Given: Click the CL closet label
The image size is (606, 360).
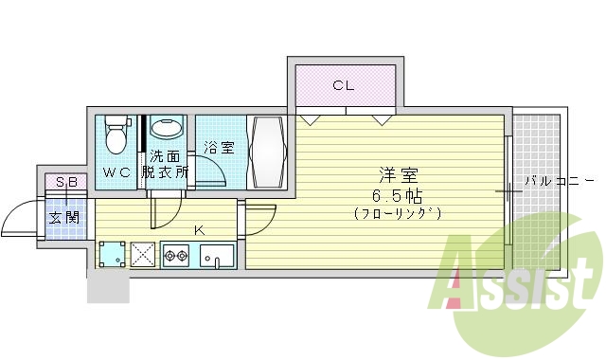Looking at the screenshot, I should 343,86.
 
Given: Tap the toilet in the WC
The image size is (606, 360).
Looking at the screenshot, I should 116,135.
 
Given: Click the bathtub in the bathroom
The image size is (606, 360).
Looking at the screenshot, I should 267,153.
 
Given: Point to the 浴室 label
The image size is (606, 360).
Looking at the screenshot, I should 220,148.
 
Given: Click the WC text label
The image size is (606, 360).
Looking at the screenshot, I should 117,172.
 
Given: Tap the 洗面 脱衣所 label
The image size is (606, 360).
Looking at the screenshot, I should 165,165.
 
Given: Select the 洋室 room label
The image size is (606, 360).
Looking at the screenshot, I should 398,175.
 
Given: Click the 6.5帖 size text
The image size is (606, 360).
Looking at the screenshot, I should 398,195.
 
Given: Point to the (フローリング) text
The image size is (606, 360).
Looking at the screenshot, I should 398,213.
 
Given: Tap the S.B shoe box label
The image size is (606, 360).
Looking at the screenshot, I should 66,182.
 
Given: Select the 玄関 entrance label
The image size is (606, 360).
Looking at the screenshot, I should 65,217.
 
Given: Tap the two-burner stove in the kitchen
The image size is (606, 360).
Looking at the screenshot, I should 177,254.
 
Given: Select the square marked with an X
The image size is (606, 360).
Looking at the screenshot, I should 144,254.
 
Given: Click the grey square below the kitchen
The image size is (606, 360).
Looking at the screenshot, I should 107,285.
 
